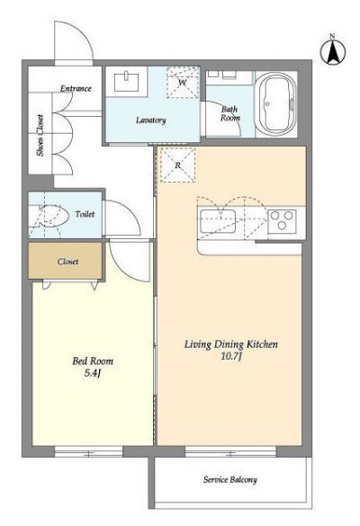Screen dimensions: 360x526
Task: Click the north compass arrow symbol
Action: point(332,51)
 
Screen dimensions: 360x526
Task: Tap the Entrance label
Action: point(76,88)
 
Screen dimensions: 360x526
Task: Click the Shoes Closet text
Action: point(40,136)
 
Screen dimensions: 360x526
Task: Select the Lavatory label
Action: point(151,120)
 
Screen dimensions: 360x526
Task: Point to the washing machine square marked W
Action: point(183,83)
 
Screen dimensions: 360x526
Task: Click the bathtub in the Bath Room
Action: point(276,104)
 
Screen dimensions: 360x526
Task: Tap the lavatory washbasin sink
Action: point(127,81)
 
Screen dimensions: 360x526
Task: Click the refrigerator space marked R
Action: point(177,165)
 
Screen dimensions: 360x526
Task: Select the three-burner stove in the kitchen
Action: point(282,221)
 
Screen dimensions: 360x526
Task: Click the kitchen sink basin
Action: point(217,221)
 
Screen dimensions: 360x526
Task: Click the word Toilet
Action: point(85,214)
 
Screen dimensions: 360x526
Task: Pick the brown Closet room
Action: point(65,261)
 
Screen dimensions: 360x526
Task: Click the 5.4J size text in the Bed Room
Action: point(93,372)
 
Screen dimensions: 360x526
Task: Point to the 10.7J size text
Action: point(231,356)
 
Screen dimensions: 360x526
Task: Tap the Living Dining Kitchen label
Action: point(231,344)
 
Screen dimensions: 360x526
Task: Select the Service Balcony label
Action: point(230,480)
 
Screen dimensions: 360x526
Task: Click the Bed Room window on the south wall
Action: point(89,451)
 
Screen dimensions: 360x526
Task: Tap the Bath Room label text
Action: point(230,113)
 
